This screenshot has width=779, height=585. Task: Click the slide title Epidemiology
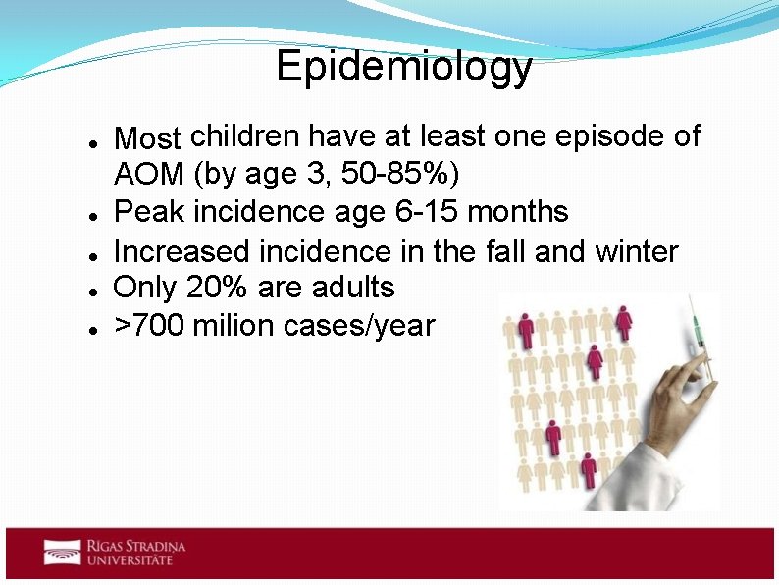pos(403,68)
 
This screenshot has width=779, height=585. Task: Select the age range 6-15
pos(421,212)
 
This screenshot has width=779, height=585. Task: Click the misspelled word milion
pos(234,325)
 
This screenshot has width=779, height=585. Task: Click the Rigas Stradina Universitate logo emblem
pos(62,552)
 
